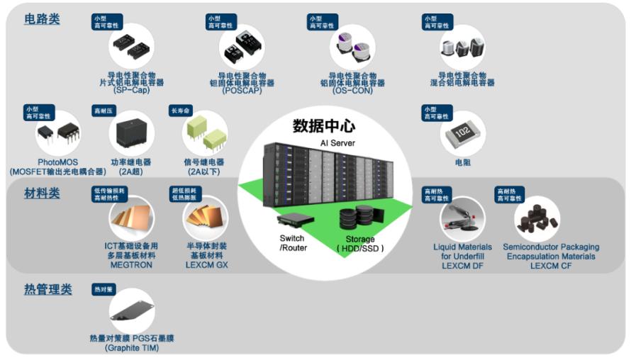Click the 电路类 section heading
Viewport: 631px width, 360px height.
[x=42, y=19]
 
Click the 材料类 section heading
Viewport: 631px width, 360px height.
[x=42, y=193]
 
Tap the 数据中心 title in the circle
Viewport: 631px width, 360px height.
[x=324, y=126]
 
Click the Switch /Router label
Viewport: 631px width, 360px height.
[x=292, y=243]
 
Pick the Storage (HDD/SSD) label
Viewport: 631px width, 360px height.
[x=360, y=244]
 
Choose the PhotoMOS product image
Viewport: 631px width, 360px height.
[x=58, y=133]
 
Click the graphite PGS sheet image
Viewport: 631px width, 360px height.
[x=131, y=310]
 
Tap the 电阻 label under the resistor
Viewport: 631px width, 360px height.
[x=463, y=163]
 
